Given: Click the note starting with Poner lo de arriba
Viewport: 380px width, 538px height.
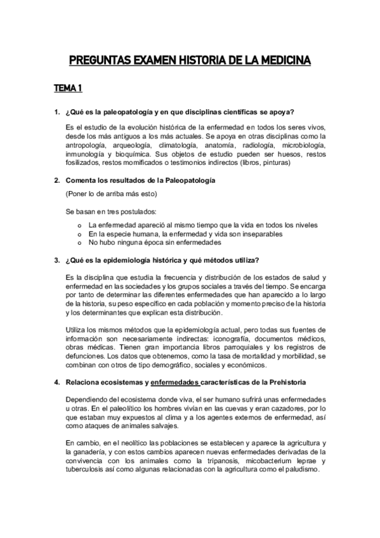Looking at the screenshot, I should [112, 193].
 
